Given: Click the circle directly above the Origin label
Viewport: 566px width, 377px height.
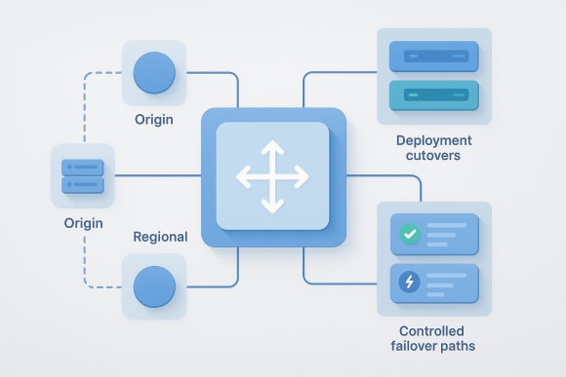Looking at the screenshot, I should [153, 72].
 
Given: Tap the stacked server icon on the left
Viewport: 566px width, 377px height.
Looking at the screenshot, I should [83, 175].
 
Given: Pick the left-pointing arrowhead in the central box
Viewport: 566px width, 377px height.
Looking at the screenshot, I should [241, 177].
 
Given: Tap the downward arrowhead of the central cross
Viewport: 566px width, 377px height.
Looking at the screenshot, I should [272, 208].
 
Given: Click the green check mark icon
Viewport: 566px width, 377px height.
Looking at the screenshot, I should [408, 234].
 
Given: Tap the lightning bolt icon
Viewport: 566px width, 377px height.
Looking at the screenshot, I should [408, 283].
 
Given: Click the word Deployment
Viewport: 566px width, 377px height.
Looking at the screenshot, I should [433, 140].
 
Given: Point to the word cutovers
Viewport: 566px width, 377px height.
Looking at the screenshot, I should [433, 157].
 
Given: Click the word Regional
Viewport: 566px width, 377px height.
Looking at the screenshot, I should [160, 237].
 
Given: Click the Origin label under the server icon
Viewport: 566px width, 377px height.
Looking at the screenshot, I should [83, 223].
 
